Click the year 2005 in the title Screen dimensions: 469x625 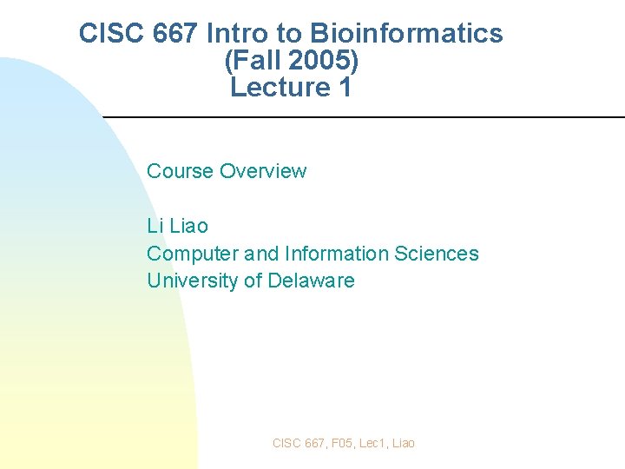tap(317, 61)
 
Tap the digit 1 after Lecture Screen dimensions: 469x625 tap(345, 88)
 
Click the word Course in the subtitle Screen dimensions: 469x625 tap(180, 171)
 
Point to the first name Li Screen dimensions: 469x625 tap(155, 226)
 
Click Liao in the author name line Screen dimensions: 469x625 tap(189, 226)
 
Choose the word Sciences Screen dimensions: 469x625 tap(437, 254)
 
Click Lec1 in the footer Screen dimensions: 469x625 tap(372, 443)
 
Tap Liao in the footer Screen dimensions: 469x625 tap(404, 443)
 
